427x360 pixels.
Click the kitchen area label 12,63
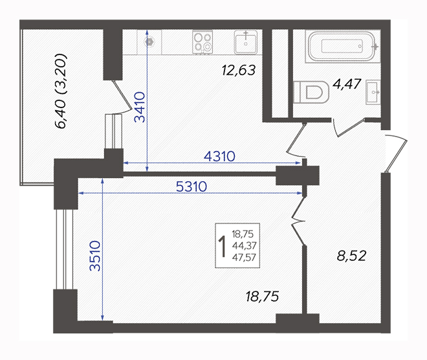point(239,70)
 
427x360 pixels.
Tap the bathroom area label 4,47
point(347,84)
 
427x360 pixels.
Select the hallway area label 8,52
point(351,256)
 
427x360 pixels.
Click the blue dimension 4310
point(219,157)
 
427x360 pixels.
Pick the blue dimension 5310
point(192,186)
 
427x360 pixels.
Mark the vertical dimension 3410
point(140,107)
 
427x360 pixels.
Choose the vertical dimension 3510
point(95,256)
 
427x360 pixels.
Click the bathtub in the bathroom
point(342,46)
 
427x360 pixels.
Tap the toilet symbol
point(311,92)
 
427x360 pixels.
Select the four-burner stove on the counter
point(203,42)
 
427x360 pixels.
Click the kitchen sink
point(246,43)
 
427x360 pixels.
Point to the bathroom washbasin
point(373,92)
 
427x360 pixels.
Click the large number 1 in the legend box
point(223,246)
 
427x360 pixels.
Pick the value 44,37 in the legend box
point(245,245)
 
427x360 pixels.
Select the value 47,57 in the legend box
point(245,257)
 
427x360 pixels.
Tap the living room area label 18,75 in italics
point(262,297)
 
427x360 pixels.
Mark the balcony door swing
point(122,97)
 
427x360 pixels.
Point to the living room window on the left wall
point(65,249)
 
